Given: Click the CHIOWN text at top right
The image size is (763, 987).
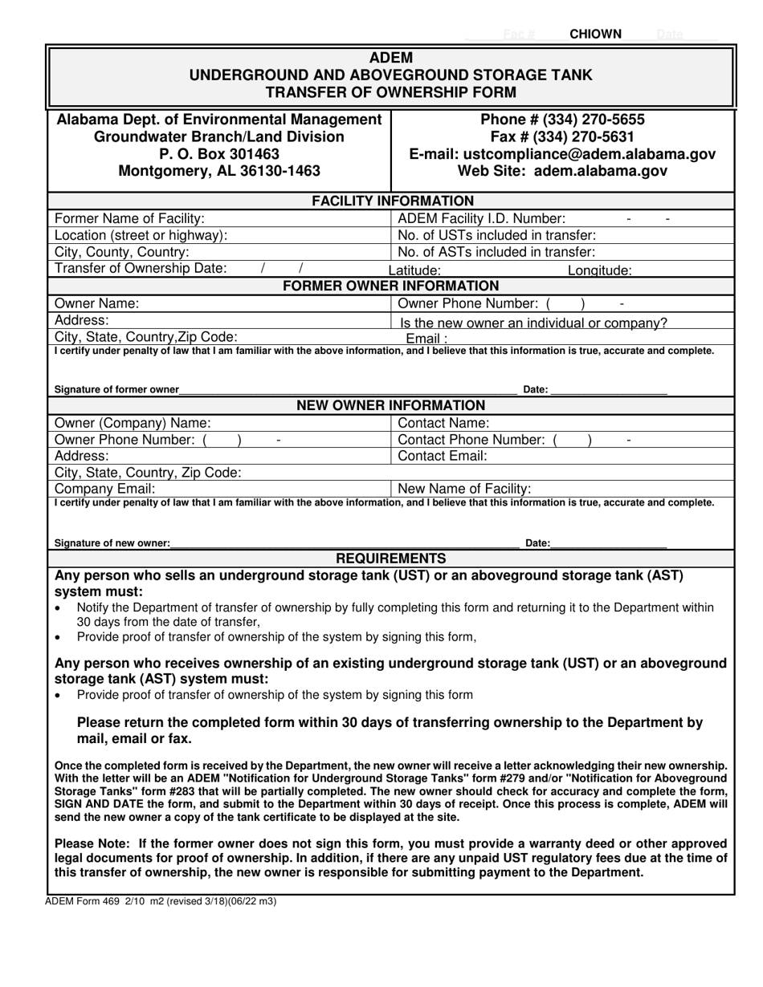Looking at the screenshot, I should [x=595, y=34].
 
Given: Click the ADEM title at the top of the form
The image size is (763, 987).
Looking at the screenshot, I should [x=391, y=58].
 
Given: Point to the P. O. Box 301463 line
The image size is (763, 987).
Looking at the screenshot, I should [x=219, y=153].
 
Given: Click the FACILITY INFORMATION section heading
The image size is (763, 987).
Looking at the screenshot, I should [x=392, y=201].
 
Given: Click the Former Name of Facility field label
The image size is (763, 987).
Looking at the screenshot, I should [x=129, y=218].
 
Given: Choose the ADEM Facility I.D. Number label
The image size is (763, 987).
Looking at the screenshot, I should [x=482, y=218].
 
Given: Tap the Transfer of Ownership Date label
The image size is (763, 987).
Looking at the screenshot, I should [x=141, y=268].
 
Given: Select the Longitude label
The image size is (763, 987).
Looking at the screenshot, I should [x=599, y=271].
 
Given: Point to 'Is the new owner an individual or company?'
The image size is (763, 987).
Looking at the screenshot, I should [x=533, y=323].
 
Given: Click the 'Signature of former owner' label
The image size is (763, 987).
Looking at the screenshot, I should [x=116, y=389].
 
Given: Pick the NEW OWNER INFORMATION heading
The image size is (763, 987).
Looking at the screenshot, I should [x=391, y=405].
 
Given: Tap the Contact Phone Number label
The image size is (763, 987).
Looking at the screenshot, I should [x=471, y=440].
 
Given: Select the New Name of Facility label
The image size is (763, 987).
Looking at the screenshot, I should [x=464, y=489].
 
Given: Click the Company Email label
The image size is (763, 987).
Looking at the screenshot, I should [x=104, y=489].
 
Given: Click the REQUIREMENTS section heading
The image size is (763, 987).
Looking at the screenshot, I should [x=391, y=558].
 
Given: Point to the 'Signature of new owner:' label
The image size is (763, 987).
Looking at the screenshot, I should [x=112, y=543].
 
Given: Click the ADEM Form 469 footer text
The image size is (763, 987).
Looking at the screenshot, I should [x=161, y=901].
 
